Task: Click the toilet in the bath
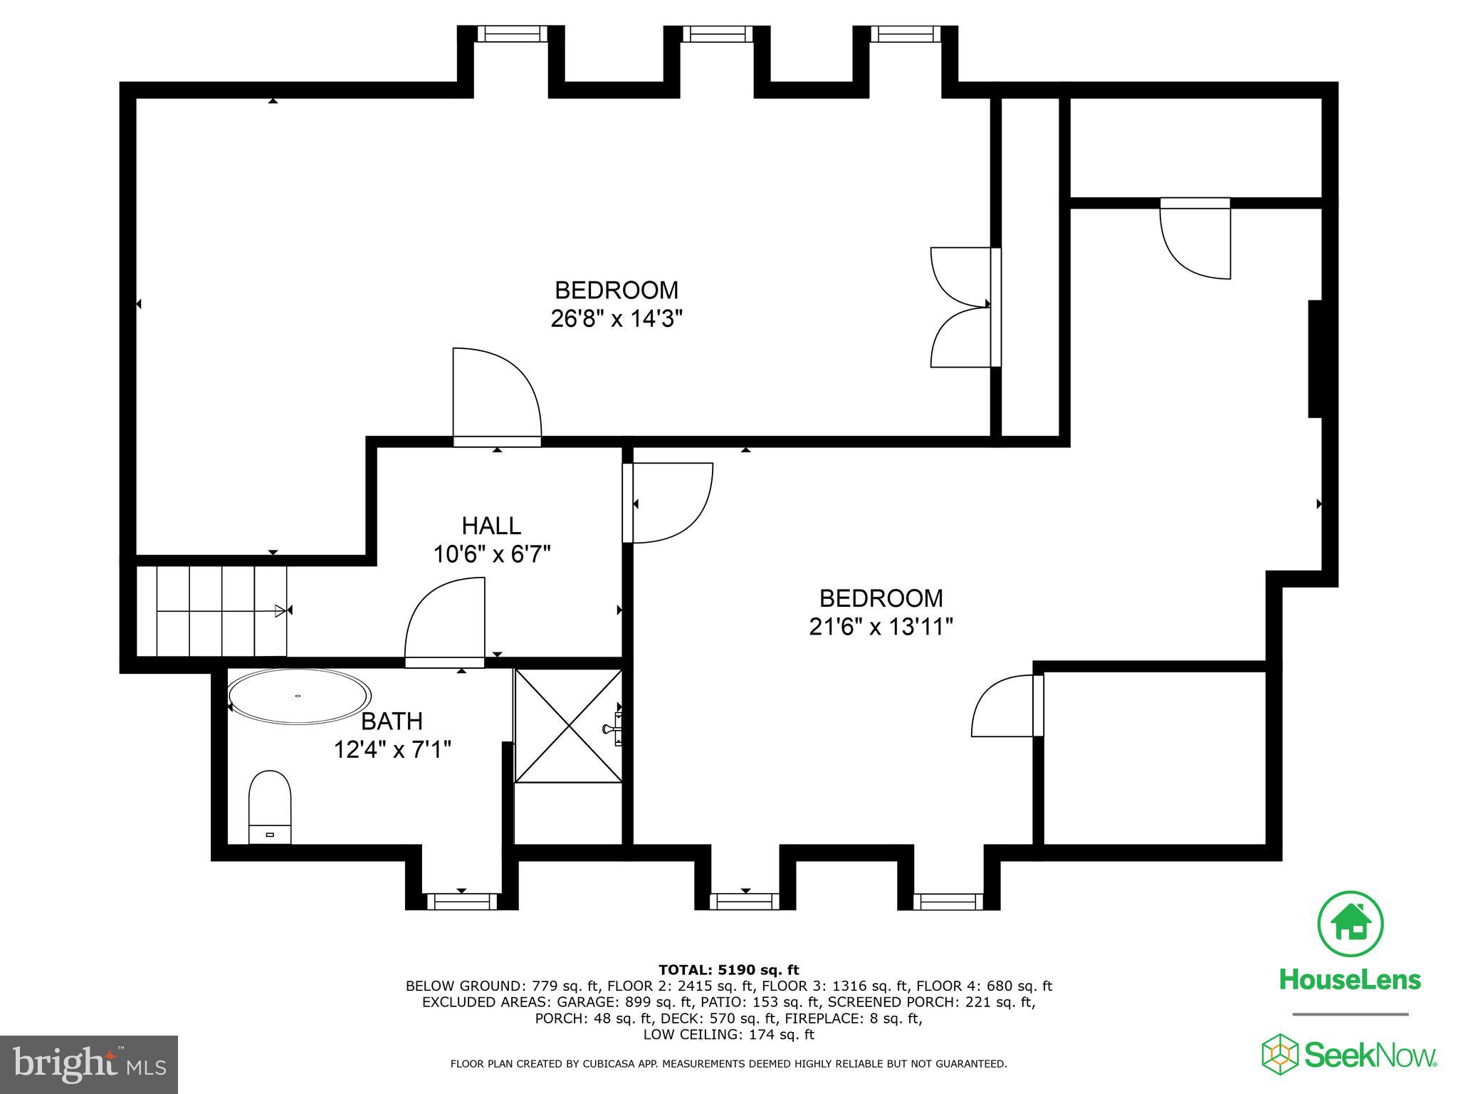pos(270,806)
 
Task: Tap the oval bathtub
pos(299,696)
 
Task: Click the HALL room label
pos(491,526)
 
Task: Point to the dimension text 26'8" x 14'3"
pos(617,318)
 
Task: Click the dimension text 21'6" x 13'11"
pos(881,627)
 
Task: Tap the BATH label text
pos(392,721)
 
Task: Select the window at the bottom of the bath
pos(461,902)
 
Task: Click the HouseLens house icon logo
pos(1351,924)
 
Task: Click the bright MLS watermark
pos(89,1065)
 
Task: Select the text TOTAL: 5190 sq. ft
pos(728,969)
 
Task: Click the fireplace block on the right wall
pos(1315,359)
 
